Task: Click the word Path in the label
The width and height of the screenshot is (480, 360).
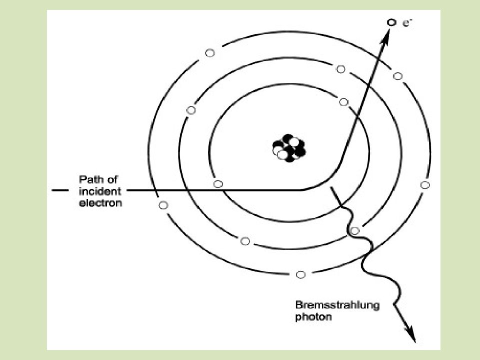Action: (x=90, y=179)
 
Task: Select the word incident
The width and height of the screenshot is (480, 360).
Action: (x=100, y=191)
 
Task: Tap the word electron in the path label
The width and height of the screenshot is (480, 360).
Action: (x=100, y=203)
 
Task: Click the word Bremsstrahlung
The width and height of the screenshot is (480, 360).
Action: (x=337, y=305)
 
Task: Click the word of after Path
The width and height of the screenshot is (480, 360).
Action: (x=112, y=179)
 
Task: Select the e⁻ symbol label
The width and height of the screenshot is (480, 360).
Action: (x=407, y=23)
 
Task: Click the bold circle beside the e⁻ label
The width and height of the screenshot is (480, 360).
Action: (x=391, y=22)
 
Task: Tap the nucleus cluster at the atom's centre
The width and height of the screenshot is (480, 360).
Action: (x=288, y=148)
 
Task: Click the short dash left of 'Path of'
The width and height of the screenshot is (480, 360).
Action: (x=60, y=190)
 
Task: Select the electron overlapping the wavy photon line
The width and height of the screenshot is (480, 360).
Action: (x=354, y=230)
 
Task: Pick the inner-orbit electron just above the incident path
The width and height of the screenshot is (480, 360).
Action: (x=218, y=184)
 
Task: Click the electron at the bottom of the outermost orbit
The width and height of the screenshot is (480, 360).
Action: (x=300, y=274)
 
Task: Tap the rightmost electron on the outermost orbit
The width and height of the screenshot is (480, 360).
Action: (x=425, y=185)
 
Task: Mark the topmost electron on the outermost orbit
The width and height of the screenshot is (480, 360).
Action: (x=209, y=53)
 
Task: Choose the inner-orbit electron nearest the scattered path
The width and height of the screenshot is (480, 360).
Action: (x=344, y=102)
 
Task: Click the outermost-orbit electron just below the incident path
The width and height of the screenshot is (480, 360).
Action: (x=163, y=205)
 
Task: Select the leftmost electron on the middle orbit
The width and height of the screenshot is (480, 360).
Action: (x=191, y=110)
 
